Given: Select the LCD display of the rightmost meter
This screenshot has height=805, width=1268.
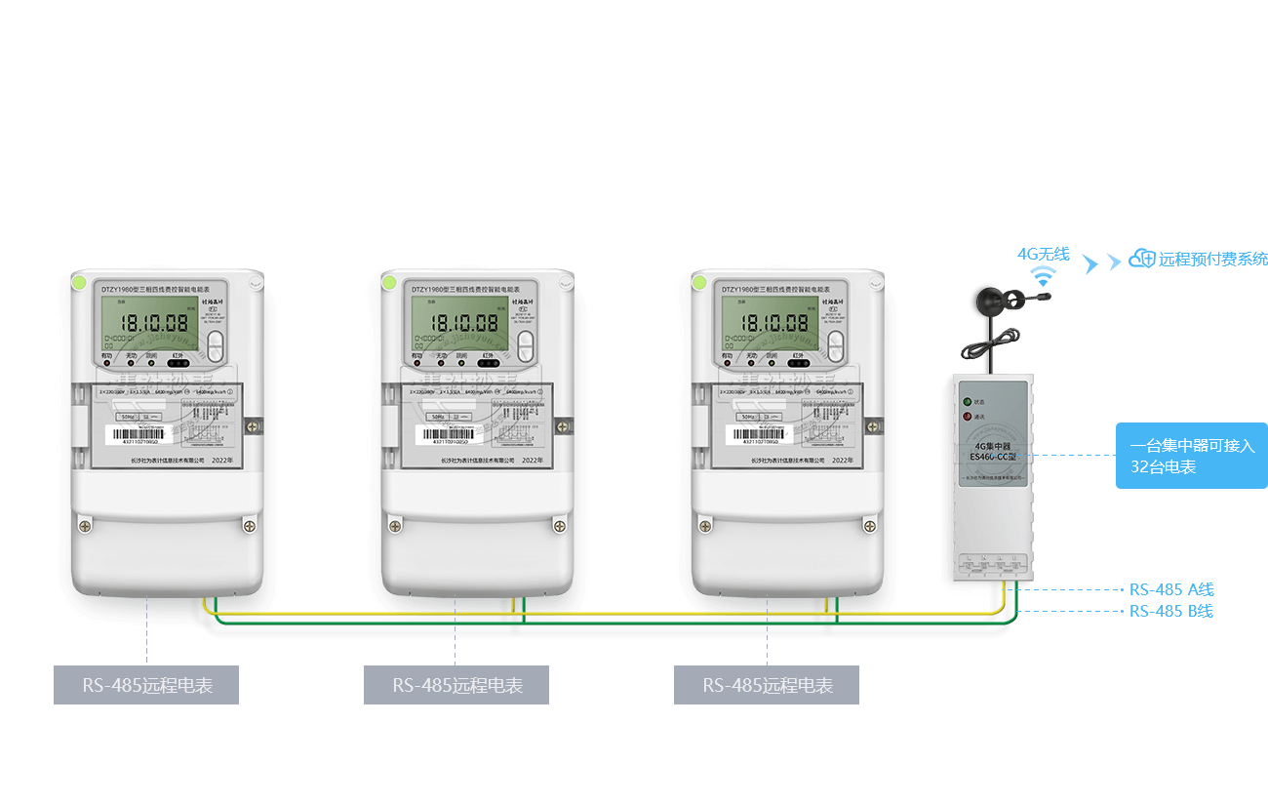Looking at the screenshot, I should [x=771, y=324].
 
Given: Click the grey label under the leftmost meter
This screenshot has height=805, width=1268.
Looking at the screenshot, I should [x=146, y=685].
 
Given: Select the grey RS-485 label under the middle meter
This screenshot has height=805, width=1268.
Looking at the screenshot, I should [x=456, y=685].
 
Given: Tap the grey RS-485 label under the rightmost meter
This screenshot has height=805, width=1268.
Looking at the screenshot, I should [x=767, y=685].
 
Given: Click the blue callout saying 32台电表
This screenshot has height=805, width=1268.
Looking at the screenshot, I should [x=1191, y=456].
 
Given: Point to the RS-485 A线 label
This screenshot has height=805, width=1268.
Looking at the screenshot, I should [x=1171, y=589].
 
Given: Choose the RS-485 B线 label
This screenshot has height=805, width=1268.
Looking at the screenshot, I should [x=1171, y=612].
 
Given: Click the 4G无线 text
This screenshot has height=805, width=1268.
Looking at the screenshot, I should [x=1043, y=254].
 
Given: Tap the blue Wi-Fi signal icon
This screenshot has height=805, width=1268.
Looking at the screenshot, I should [x=1044, y=276].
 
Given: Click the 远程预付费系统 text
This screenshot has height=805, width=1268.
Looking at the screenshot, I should [x=1212, y=260].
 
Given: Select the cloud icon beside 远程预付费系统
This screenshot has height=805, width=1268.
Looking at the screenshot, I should [x=1141, y=259].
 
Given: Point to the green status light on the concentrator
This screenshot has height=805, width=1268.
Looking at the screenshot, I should [x=968, y=401].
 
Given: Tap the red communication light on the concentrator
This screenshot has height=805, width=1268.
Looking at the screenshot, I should [x=968, y=417].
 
